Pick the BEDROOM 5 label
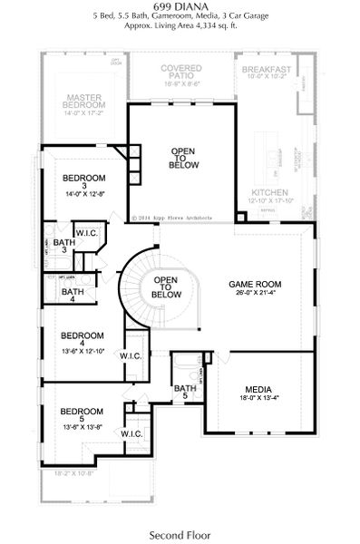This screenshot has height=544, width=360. click(x=82, y=413)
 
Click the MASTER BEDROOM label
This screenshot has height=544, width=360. click(x=83, y=101)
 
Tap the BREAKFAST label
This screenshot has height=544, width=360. click(x=267, y=69)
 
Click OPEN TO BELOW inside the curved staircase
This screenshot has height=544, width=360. click(x=166, y=287)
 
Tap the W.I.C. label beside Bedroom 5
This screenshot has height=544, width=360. click(x=131, y=433)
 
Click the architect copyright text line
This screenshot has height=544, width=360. click(x=171, y=218)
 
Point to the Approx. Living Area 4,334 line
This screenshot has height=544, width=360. click(x=180, y=26)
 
